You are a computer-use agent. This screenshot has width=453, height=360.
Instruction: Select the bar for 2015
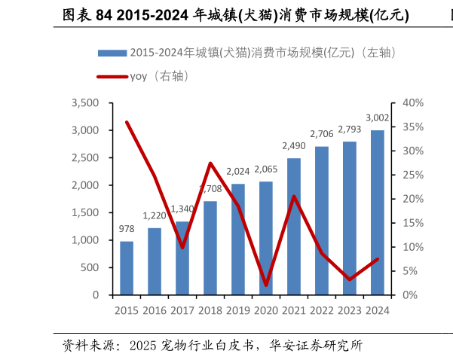tap(127, 268)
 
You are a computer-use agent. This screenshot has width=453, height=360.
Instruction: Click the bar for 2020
tap(265, 238)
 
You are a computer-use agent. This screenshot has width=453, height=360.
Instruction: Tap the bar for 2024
tap(377, 212)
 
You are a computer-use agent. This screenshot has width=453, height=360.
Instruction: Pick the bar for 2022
tap(322, 221)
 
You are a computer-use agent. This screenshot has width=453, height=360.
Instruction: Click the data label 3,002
tap(377, 117)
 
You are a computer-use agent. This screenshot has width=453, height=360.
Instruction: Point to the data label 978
tap(127, 229)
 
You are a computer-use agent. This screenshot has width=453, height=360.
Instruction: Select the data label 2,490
tap(294, 145)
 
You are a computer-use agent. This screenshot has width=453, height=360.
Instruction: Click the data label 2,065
tap(265, 169)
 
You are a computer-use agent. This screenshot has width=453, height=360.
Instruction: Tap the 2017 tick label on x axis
tap(182, 310)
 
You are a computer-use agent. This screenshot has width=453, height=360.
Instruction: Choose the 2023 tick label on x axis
tap(349, 310)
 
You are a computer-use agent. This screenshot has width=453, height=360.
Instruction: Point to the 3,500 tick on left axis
tap(85, 102)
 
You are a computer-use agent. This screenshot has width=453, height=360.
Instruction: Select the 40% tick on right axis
tap(414, 102)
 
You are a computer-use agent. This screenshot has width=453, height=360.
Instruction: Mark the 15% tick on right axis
tap(414, 223)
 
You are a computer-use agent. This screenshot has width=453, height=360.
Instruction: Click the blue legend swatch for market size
tap(112, 53)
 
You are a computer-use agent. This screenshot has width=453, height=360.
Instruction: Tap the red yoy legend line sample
tap(112, 76)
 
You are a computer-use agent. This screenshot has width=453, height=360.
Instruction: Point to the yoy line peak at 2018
tap(210, 163)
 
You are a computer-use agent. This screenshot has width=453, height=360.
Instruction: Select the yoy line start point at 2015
tap(127, 122)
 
